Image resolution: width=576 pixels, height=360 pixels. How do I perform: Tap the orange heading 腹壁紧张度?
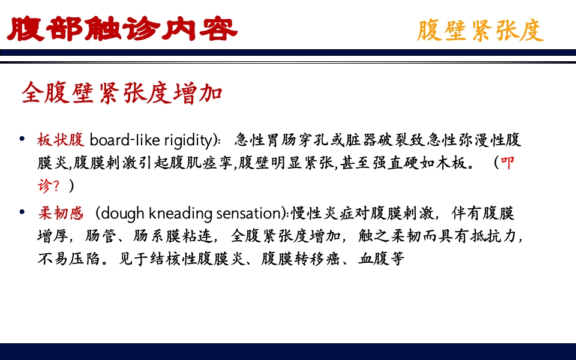point(480,30)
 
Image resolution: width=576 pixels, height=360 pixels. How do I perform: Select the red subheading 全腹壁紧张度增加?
point(122,93)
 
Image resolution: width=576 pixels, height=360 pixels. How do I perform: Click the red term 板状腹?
point(60,140)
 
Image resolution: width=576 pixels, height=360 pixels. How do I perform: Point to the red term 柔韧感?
point(60,213)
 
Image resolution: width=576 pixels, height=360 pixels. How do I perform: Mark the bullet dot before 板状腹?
point(22,140)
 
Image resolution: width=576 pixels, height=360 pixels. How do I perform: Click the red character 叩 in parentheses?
point(507,163)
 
